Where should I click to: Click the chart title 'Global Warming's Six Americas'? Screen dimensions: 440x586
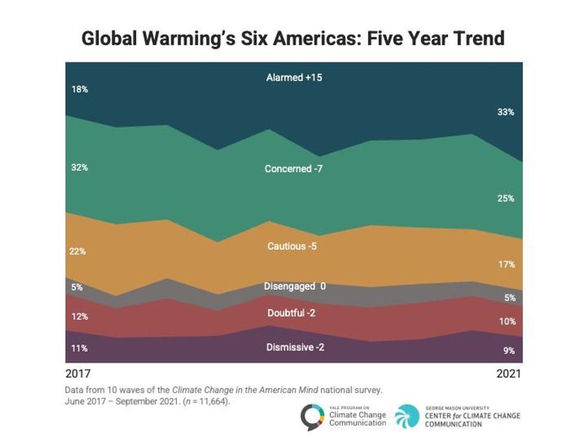(293, 39)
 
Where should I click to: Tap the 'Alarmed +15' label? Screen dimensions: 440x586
(294, 78)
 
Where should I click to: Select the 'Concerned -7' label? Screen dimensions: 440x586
(294, 169)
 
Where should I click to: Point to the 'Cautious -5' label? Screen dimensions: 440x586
(292, 246)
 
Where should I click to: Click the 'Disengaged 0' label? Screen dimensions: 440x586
(295, 286)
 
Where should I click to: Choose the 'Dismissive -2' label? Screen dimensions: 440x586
(295, 347)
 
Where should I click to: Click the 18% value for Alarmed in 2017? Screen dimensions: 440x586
(79, 89)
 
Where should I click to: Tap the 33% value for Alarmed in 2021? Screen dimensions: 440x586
(505, 112)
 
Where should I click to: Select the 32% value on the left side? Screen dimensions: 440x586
(79, 168)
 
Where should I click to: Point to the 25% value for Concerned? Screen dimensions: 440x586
(505, 198)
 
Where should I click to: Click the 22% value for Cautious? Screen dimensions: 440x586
(78, 251)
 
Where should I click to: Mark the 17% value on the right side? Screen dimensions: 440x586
(506, 264)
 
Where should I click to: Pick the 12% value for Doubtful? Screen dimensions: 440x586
(79, 317)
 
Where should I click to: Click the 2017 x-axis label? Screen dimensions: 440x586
(78, 374)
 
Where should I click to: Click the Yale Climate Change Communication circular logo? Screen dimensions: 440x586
(313, 415)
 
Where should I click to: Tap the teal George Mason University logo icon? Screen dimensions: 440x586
(407, 415)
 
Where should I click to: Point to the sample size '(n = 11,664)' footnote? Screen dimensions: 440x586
(204, 401)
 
